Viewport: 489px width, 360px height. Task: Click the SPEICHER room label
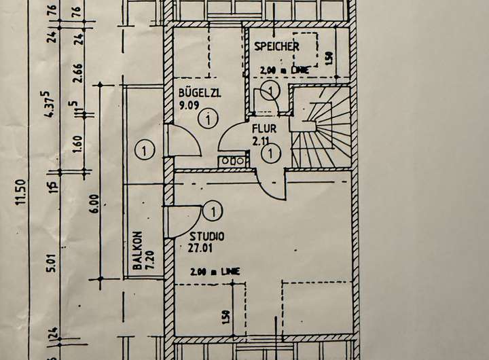(277, 46)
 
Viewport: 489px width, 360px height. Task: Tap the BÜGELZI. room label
(200, 93)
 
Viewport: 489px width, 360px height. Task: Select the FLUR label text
(264, 128)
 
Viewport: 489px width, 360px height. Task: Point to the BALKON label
(137, 251)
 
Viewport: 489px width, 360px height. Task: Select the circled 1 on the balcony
(144, 148)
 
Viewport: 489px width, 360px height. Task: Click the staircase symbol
(319, 129)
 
